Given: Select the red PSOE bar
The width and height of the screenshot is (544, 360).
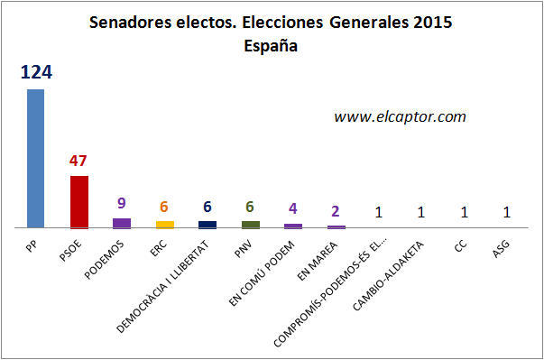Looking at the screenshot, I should pyautogui.click(x=78, y=201).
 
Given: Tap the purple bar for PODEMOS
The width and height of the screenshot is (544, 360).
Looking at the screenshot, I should pyautogui.click(x=121, y=222).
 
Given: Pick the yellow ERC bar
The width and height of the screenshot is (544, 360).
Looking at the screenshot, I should pyautogui.click(x=164, y=224).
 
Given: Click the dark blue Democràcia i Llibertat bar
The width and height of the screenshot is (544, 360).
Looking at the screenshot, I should pyautogui.click(x=207, y=224).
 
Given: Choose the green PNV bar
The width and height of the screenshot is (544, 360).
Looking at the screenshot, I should pyautogui.click(x=250, y=224).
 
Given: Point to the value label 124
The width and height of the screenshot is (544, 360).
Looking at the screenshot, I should pyautogui.click(x=36, y=72).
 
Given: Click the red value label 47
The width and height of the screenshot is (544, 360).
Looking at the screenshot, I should pyautogui.click(x=78, y=162).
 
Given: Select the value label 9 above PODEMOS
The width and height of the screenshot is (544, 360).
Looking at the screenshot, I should pyautogui.click(x=122, y=204).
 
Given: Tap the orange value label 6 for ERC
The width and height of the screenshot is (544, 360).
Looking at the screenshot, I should pyautogui.click(x=164, y=207).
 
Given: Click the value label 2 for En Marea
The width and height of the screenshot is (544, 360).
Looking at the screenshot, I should pyautogui.click(x=336, y=211).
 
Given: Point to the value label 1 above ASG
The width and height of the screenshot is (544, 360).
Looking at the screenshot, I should pyautogui.click(x=507, y=213).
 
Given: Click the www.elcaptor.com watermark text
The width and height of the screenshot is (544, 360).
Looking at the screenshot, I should pyautogui.click(x=400, y=116).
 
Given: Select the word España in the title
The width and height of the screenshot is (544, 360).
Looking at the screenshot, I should pyautogui.click(x=271, y=45).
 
